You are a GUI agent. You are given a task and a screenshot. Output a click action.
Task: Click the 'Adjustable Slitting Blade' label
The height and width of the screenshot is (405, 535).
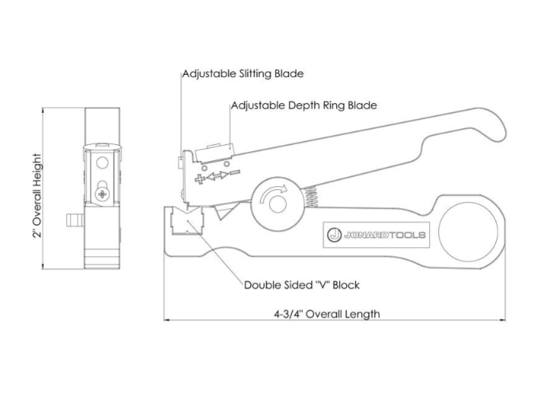pos(243,74)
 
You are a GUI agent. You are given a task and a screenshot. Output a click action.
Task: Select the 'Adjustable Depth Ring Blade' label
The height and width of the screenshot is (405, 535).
pos(303,104)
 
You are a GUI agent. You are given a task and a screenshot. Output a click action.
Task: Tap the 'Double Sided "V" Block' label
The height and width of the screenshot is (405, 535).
pos(301,285)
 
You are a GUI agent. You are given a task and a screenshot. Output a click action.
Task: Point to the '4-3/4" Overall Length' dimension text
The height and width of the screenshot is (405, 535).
pos(327,313)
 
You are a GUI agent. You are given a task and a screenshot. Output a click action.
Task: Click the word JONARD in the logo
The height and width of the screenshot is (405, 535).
pos(364,235)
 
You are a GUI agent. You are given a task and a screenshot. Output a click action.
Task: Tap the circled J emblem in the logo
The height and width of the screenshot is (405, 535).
pos(333,235)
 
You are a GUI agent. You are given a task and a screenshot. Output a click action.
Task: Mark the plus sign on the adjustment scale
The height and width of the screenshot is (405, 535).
pos(201,179)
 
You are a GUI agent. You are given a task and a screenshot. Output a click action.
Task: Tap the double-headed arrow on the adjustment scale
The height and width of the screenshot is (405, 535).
pos(218,177)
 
